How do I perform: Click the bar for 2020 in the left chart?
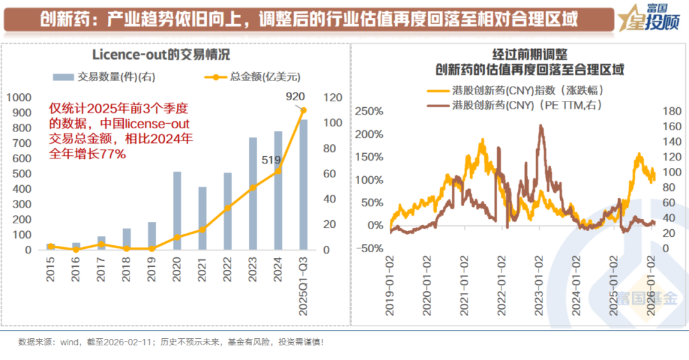click(177, 211)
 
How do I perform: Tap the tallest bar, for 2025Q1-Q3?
click(303, 184)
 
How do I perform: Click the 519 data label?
click(271, 160)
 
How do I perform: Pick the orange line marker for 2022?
click(228, 208)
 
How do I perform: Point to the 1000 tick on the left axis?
click(19, 98)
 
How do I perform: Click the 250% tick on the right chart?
click(369, 112)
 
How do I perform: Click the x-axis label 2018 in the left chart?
click(126, 267)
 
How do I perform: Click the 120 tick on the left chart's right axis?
click(333, 98)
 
